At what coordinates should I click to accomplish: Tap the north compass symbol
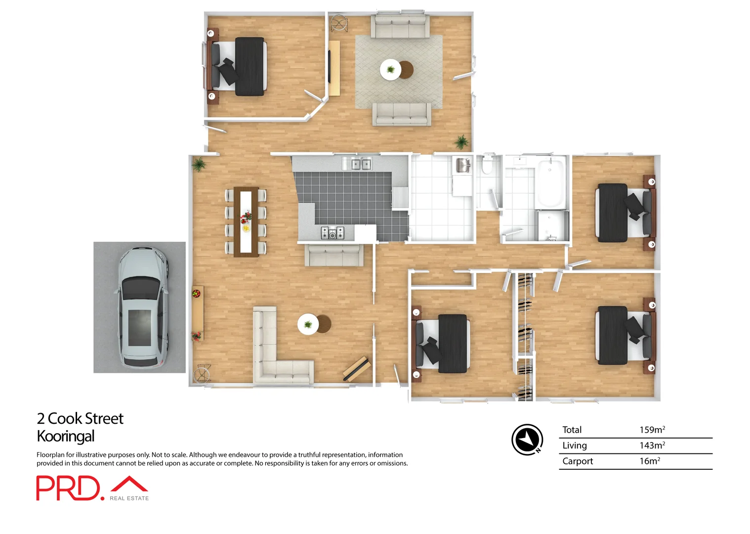527,439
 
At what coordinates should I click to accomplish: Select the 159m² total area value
652,430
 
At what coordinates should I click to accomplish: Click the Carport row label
577,461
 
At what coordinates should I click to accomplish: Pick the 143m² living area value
652,445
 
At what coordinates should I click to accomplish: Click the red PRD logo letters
68,488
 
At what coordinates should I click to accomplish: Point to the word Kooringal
66,436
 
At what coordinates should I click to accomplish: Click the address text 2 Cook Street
80,418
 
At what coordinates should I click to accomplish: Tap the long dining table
246,222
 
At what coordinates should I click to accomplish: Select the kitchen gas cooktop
333,232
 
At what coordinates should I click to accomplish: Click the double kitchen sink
361,164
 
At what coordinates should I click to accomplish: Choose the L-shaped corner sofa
277,351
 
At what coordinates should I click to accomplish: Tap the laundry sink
462,165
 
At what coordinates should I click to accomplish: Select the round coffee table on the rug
391,69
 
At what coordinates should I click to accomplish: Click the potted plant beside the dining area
199,164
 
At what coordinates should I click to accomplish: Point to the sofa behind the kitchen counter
333,255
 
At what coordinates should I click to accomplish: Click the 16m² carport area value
649,461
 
